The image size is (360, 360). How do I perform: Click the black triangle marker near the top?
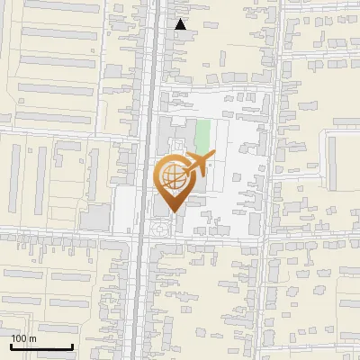pyautogui.click(x=181, y=24)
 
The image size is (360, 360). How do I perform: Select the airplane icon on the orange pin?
pyautogui.click(x=197, y=163)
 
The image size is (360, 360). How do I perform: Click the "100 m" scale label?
pyautogui.click(x=23, y=338)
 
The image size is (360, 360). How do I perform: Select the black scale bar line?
pyautogui.click(x=41, y=346)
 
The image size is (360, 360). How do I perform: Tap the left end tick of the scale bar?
pyautogui.click(x=11, y=345)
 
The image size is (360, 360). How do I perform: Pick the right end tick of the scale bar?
pyautogui.click(x=72, y=345)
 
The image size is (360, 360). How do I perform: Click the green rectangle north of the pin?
pyautogui.click(x=203, y=136)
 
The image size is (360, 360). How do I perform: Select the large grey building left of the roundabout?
pyautogui.click(x=95, y=217)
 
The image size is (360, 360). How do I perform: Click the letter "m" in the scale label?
pyautogui.click(x=31, y=338)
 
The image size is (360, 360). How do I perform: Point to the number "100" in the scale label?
pyautogui.click(x=18, y=338)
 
